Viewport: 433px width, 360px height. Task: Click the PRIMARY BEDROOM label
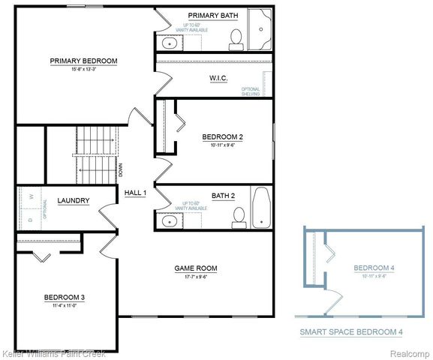(83, 61)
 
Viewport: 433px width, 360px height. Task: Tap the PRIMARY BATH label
(212, 15)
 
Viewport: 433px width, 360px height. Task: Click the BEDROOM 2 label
(222, 136)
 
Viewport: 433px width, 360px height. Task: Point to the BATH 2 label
(223, 196)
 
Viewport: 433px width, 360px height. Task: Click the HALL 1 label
(135, 193)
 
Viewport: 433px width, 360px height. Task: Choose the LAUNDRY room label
(74, 200)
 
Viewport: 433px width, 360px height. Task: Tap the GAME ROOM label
(195, 268)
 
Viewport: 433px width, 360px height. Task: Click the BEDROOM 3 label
(64, 298)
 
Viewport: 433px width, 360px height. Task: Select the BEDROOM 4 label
(373, 268)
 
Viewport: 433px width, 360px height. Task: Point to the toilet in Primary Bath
(235, 38)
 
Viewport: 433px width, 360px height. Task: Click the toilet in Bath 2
(239, 215)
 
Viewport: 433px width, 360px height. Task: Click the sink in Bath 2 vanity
(168, 220)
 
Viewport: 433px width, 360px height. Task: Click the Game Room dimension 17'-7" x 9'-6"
(195, 276)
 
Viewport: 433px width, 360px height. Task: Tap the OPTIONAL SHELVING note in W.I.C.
(251, 91)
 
